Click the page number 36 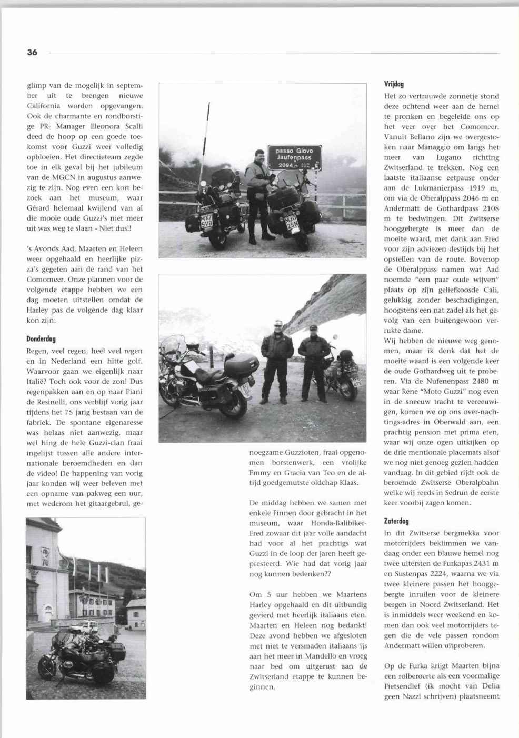[32, 53]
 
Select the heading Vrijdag [394, 84]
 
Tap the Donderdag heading [41, 339]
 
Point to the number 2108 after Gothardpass [491, 208]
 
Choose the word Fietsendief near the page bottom [404, 686]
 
